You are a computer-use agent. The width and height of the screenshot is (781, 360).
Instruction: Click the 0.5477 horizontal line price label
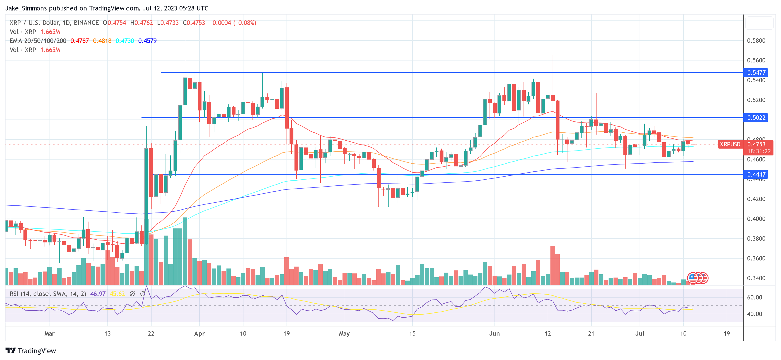pyautogui.click(x=756, y=73)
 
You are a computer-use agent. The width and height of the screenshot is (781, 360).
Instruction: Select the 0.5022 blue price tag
pyautogui.click(x=756, y=118)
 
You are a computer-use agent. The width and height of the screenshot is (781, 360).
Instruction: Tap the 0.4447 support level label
pyautogui.click(x=756, y=174)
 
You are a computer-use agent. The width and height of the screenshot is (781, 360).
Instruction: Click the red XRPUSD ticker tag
pyautogui.click(x=730, y=144)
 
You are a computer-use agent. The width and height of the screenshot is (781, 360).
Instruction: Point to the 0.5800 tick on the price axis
pyautogui.click(x=756, y=41)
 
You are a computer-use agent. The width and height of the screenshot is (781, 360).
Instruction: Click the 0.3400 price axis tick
pyautogui.click(x=756, y=278)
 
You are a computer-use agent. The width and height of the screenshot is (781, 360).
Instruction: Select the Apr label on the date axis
pyautogui.click(x=199, y=334)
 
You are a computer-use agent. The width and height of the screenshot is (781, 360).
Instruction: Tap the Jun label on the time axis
pyautogui.click(x=494, y=334)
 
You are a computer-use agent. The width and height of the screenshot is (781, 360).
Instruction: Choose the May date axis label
pyautogui.click(x=344, y=334)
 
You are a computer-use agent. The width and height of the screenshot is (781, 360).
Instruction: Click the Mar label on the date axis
pyautogui.click(x=50, y=334)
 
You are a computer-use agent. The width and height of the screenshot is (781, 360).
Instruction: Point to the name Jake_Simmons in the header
pyautogui.click(x=26, y=8)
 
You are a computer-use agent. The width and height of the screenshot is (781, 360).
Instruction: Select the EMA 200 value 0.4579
pyautogui.click(x=147, y=41)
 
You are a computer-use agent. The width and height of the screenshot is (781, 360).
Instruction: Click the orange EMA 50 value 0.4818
pyautogui.click(x=102, y=41)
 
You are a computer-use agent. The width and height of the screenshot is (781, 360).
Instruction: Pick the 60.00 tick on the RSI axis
pyautogui.click(x=754, y=297)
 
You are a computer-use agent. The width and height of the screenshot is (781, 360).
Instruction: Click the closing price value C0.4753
pyautogui.click(x=194, y=23)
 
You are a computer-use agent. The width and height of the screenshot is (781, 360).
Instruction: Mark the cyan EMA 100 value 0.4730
pyautogui.click(x=125, y=41)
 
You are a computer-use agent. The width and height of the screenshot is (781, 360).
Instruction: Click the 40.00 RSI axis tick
pyautogui.click(x=754, y=314)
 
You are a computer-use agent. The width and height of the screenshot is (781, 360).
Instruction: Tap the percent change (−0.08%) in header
pyautogui.click(x=245, y=23)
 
